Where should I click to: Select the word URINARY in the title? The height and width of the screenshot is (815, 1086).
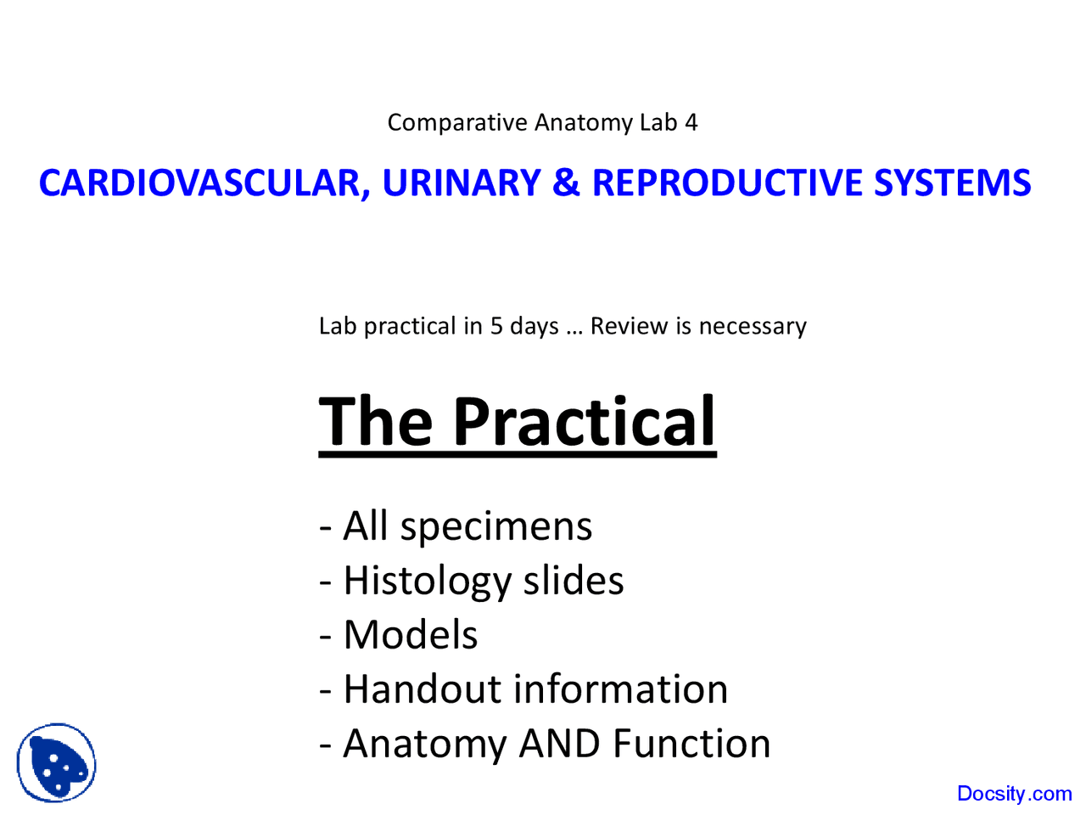pyautogui.click(x=461, y=183)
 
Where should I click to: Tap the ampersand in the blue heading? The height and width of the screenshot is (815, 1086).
pyautogui.click(x=566, y=183)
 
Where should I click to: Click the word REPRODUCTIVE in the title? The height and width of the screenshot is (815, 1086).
pyautogui.click(x=727, y=183)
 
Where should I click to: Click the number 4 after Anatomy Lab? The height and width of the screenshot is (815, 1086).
pyautogui.click(x=691, y=122)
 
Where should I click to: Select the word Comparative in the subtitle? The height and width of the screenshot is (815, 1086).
pyautogui.click(x=457, y=122)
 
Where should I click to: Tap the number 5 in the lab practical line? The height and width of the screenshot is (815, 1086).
pyautogui.click(x=496, y=326)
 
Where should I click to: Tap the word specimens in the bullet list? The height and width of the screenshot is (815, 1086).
pyautogui.click(x=496, y=526)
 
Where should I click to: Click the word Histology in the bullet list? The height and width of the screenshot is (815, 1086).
pyautogui.click(x=427, y=581)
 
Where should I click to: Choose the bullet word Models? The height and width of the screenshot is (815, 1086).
pyautogui.click(x=411, y=635)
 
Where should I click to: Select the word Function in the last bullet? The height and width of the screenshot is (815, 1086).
pyautogui.click(x=691, y=744)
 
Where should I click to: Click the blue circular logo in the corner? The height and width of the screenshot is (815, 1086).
pyautogui.click(x=57, y=762)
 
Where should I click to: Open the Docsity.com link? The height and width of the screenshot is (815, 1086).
pyautogui.click(x=1014, y=794)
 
